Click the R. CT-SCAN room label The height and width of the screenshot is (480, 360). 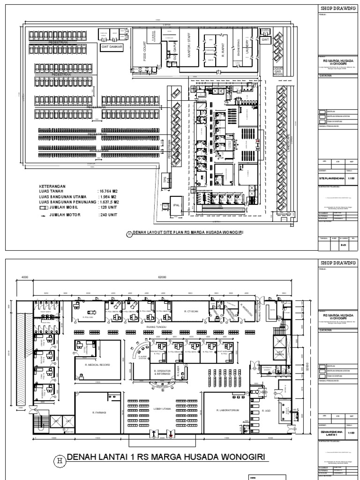coord(190,311)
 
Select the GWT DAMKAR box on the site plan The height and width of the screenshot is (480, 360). coord(111,47)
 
